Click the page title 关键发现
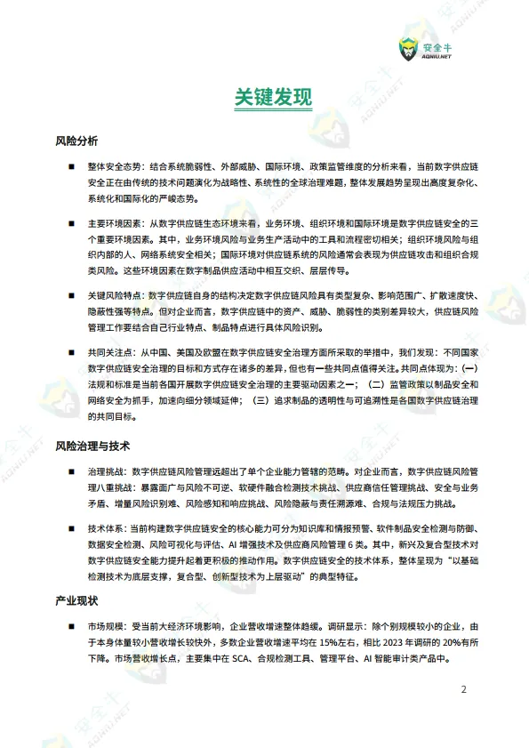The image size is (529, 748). pos(264,98)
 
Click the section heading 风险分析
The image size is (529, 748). pos(76,141)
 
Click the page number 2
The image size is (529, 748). pos(462,689)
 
